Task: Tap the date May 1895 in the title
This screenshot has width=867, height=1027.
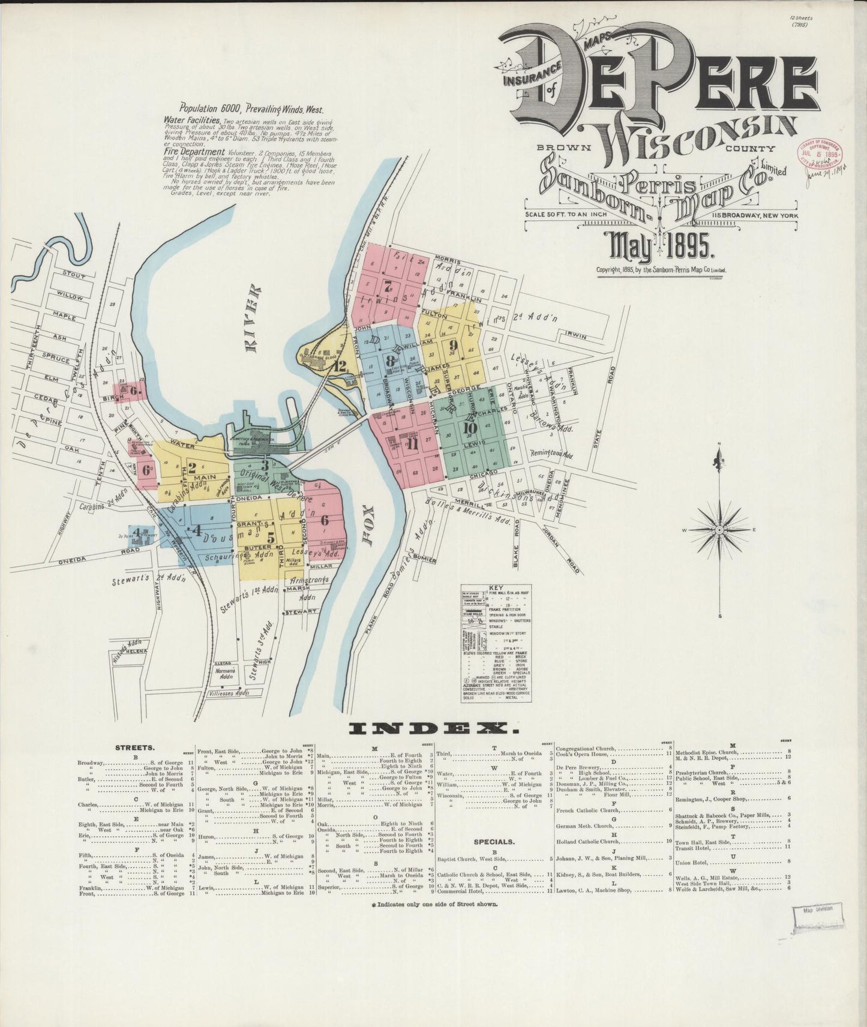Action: [x=659, y=247]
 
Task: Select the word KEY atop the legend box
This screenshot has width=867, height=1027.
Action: [x=496, y=588]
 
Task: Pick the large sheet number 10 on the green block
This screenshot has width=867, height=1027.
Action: [x=470, y=428]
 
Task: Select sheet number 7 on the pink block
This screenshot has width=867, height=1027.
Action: [x=388, y=285]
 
